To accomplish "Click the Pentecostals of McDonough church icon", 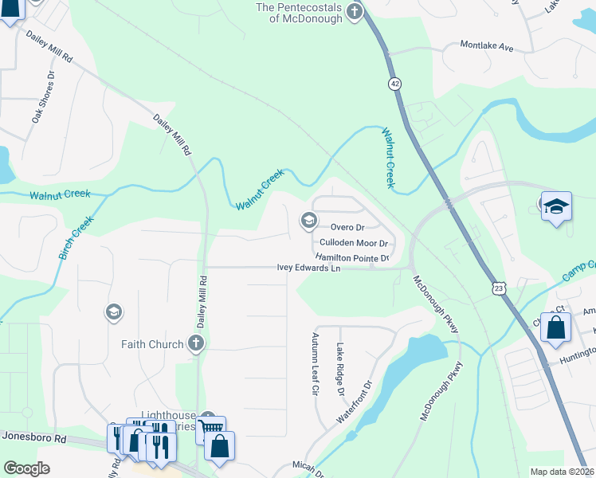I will [x=355, y=13].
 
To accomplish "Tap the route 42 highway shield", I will [x=394, y=84].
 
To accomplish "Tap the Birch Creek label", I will [x=76, y=241].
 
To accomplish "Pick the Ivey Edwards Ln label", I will [x=309, y=268].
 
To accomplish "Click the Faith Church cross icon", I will [x=196, y=344].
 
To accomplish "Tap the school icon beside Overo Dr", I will [x=308, y=221].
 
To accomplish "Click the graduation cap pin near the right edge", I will [x=556, y=207].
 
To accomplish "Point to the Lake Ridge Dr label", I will [x=339, y=370].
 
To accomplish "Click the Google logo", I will [x=26, y=468].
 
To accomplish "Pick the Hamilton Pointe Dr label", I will [x=351, y=257].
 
